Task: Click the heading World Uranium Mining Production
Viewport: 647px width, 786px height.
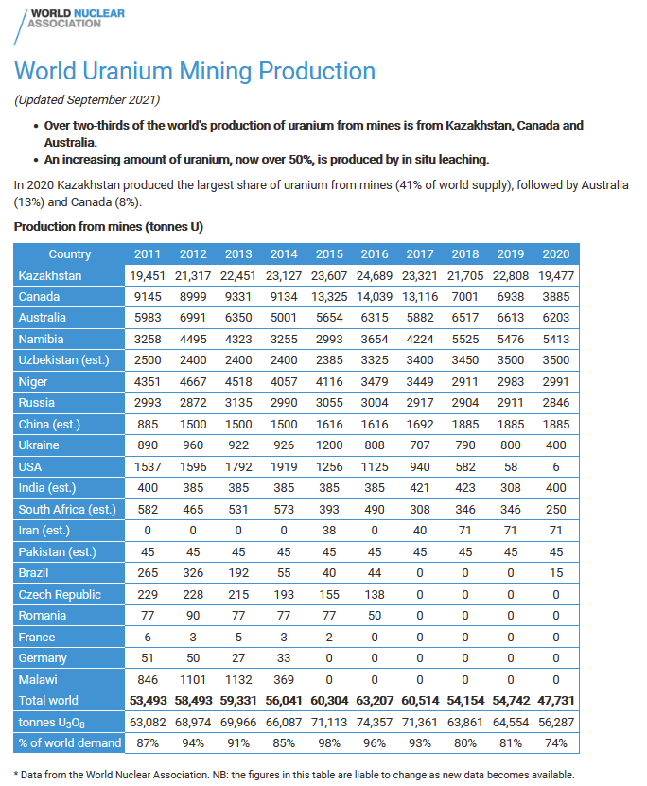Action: (x=195, y=71)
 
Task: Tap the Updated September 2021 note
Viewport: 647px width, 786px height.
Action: (x=87, y=100)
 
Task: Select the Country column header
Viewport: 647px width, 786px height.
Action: (x=70, y=253)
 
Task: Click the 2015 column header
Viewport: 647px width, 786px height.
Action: (x=329, y=253)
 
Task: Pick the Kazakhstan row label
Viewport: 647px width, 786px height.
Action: (x=50, y=275)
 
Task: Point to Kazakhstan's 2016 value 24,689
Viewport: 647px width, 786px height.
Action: (x=375, y=275)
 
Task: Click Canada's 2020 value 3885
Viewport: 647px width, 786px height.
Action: (x=556, y=297)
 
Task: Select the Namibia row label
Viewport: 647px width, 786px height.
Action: (x=44, y=340)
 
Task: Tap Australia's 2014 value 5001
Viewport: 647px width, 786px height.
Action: (x=284, y=318)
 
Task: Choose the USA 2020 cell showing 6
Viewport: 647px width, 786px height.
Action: (x=556, y=466)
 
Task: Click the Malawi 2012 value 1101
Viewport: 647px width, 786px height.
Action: (x=193, y=679)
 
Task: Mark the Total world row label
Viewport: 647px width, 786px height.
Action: (x=49, y=701)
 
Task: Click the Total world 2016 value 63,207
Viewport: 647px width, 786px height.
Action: (x=375, y=701)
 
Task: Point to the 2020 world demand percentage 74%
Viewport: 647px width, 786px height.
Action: (x=556, y=742)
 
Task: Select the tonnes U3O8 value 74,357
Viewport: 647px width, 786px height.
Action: (x=375, y=722)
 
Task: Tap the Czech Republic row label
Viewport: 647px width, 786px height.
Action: (x=59, y=594)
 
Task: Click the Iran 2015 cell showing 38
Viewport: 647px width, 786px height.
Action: (x=329, y=530)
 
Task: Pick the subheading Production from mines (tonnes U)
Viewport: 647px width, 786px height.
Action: (x=109, y=227)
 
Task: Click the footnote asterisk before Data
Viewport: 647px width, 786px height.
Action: (x=16, y=775)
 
